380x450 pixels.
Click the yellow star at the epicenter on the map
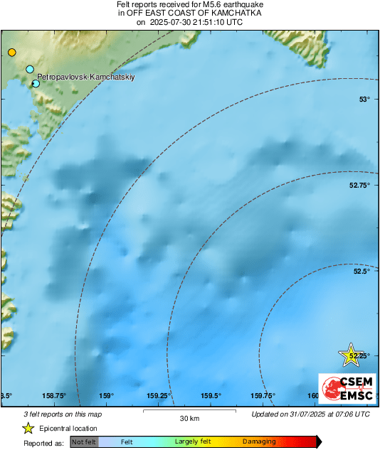click(x=350, y=354)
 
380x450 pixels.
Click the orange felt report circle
click(x=11, y=52)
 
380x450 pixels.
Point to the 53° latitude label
click(x=364, y=99)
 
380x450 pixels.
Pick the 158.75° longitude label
click(x=55, y=396)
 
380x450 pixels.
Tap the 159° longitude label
click(x=107, y=396)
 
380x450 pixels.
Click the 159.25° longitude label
click(x=159, y=396)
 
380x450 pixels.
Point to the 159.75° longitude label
click(x=263, y=396)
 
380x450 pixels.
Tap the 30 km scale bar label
click(x=189, y=418)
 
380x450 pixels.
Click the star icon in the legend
click(x=28, y=428)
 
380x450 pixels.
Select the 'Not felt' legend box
click(x=84, y=442)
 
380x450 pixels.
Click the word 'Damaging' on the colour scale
click(x=259, y=442)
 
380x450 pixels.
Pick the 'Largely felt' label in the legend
click(x=191, y=442)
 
